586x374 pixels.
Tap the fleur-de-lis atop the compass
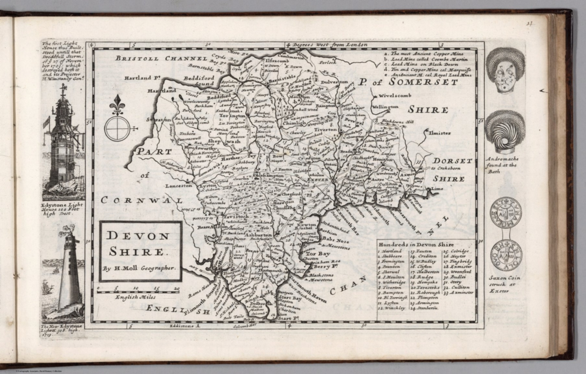[x=116, y=105]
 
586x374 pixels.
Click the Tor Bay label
[x=316, y=253]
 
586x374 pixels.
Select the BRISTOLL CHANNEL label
[x=161, y=58]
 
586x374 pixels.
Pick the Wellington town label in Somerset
[x=385, y=107]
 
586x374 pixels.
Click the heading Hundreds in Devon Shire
[x=416, y=244]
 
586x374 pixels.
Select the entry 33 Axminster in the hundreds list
[x=458, y=293]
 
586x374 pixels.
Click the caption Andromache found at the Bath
[x=502, y=165]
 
